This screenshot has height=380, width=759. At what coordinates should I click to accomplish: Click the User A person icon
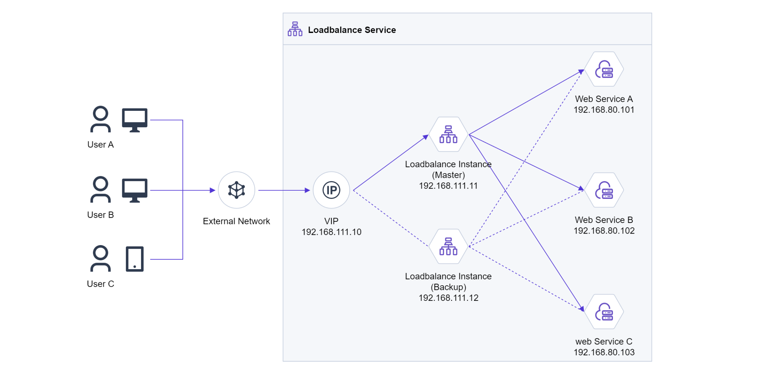click(100, 119)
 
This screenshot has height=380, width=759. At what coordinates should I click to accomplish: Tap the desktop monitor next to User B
click(134, 190)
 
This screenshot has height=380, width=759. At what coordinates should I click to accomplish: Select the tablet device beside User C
click(135, 259)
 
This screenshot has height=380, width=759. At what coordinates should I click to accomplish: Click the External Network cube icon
click(237, 190)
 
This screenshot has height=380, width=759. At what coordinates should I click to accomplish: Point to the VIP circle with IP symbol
click(331, 190)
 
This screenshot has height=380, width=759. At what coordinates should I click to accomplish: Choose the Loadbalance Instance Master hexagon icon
click(448, 134)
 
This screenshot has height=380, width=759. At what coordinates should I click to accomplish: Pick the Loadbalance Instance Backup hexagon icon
click(448, 246)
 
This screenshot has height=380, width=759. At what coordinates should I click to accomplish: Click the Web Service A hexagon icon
click(604, 69)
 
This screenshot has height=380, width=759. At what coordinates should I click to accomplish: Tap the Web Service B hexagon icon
click(604, 190)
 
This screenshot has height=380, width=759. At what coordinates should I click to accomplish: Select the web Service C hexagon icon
click(604, 312)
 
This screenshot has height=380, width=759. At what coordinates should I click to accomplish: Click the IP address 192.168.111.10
click(331, 232)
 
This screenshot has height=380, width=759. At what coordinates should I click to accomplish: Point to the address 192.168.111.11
click(448, 186)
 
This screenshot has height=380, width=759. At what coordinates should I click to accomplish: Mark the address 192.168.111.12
click(448, 298)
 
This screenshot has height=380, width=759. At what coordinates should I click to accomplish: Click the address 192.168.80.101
click(604, 110)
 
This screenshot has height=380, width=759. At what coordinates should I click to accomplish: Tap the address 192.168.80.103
click(604, 352)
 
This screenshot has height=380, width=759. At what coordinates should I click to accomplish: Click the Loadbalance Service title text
click(352, 30)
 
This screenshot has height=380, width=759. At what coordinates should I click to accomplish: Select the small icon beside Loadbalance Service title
click(295, 29)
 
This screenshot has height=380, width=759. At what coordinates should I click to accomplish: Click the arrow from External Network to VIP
click(284, 190)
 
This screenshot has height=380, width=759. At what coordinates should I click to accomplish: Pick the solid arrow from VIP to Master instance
click(391, 162)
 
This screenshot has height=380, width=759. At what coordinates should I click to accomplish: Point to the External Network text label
click(236, 221)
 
